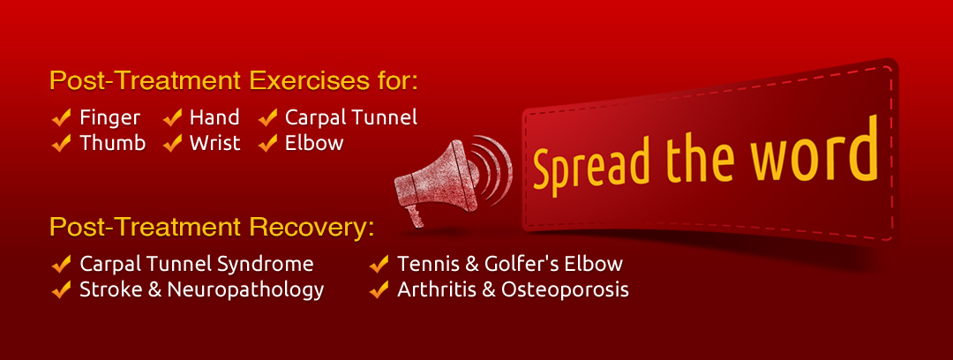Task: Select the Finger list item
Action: (x=109, y=117)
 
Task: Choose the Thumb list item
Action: (x=112, y=143)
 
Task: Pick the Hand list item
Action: (x=214, y=117)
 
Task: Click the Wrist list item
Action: (x=214, y=143)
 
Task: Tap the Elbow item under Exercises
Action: (x=313, y=143)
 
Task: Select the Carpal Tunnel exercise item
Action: (x=350, y=117)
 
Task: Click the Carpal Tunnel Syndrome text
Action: (x=196, y=264)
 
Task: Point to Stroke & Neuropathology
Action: (x=201, y=289)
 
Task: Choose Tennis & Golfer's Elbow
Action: (x=510, y=264)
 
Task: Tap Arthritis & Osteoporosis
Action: (x=513, y=289)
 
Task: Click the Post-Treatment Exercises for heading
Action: (x=233, y=82)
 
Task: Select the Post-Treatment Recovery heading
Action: (x=212, y=228)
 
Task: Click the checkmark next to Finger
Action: (x=62, y=117)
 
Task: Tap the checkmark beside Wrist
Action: (x=173, y=143)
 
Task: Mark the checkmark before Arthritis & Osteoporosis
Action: (x=379, y=289)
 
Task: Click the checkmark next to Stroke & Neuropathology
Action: (x=62, y=289)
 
